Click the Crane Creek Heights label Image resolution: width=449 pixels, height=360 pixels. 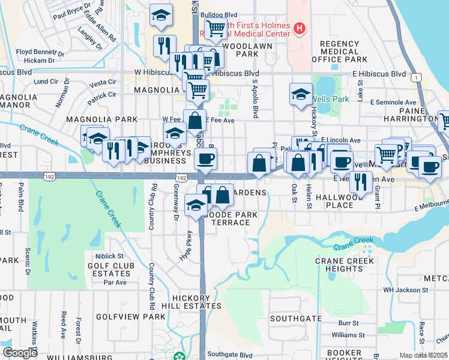[x=345, y=265]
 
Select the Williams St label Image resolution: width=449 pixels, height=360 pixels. [x=343, y=334]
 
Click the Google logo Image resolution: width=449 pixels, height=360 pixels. [x=20, y=353]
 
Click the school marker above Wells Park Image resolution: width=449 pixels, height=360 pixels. [x=301, y=94]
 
